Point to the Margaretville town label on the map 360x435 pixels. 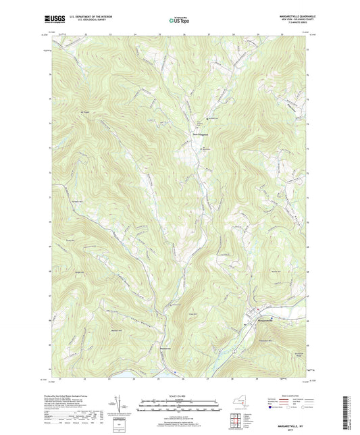264,320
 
